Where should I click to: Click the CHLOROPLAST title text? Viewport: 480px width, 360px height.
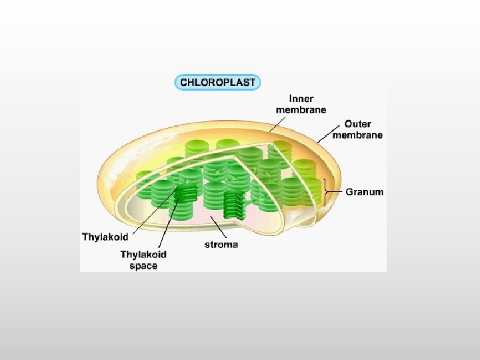tap(217, 83)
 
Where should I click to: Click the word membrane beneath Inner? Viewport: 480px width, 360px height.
tap(301, 110)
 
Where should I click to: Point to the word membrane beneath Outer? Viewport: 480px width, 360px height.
tap(363, 135)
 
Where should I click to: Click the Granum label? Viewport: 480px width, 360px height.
tap(364, 192)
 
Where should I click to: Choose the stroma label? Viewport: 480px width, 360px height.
tap(221, 245)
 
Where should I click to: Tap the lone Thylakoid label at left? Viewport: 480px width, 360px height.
tap(105, 237)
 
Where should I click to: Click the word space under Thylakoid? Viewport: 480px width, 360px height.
tap(143, 265)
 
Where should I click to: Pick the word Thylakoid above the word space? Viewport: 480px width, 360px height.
tap(143, 254)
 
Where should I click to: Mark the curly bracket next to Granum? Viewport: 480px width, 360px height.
tap(326, 192)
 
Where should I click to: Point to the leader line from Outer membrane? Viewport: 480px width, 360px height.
tap(329, 133)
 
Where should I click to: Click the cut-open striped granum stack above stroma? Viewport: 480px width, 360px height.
tap(235, 205)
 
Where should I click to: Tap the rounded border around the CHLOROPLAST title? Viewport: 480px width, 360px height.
tap(176, 83)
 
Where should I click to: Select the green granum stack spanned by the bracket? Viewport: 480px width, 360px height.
tap(307, 193)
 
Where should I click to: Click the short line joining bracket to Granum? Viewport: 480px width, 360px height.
tap(336, 192)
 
